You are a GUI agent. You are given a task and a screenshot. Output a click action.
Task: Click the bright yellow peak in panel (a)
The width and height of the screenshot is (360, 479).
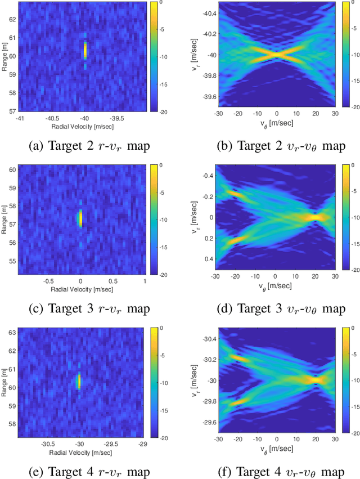point(85,51)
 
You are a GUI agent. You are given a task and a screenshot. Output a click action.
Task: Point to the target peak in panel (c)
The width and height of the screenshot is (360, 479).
point(80,218)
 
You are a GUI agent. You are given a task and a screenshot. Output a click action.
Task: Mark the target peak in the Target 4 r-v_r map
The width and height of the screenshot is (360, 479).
point(79,381)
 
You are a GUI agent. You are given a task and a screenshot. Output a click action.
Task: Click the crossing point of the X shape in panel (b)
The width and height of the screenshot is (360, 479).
point(276,55)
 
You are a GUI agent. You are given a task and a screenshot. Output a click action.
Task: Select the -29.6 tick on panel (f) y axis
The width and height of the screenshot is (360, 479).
point(208,422)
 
